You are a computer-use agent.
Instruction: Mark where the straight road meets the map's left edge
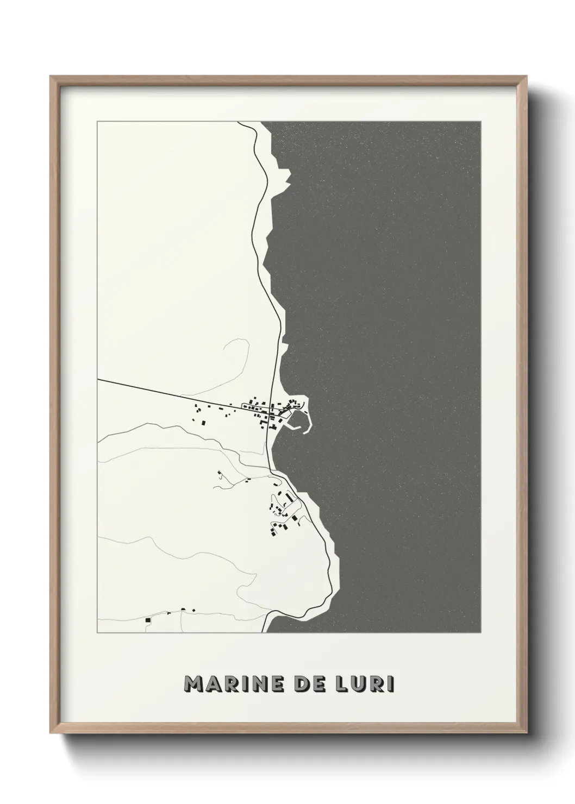coord(98,380)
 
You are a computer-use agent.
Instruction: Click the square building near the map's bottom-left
coord(147,619)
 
